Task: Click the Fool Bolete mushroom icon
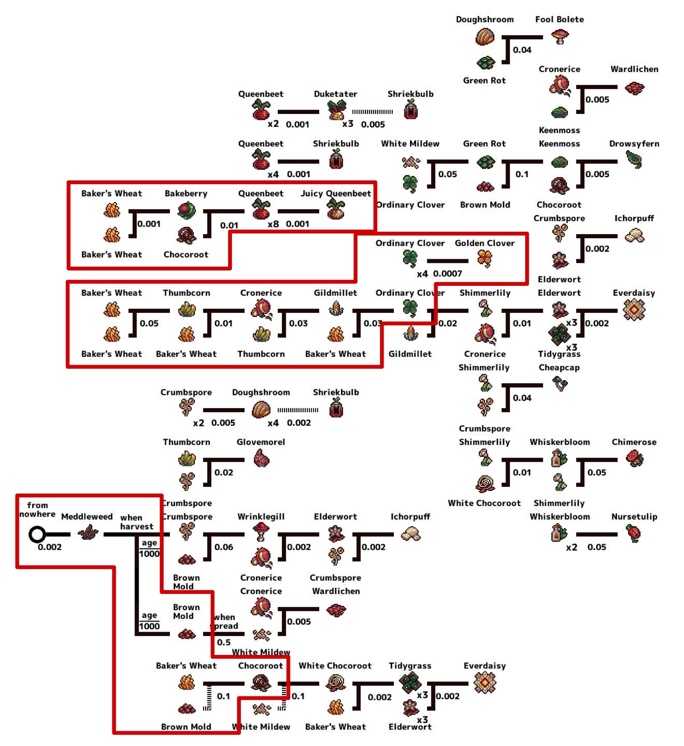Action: click(560, 37)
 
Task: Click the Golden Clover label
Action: click(484, 243)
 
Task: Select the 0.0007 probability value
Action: click(447, 274)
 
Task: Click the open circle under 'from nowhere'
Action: click(37, 534)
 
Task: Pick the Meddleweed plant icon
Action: click(88, 533)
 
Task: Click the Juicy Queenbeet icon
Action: click(336, 210)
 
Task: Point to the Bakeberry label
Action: click(186, 194)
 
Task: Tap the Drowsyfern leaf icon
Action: click(634, 160)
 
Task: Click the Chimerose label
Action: click(634, 442)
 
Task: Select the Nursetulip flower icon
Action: click(634, 534)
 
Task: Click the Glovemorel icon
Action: click(261, 459)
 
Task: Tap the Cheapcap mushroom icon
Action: click(560, 384)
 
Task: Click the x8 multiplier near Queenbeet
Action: click(273, 224)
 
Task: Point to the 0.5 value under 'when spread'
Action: click(224, 642)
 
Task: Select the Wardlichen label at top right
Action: click(634, 69)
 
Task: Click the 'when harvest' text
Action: click(136, 522)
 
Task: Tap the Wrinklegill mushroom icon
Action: click(261, 532)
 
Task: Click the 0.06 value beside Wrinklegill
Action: click(224, 547)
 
